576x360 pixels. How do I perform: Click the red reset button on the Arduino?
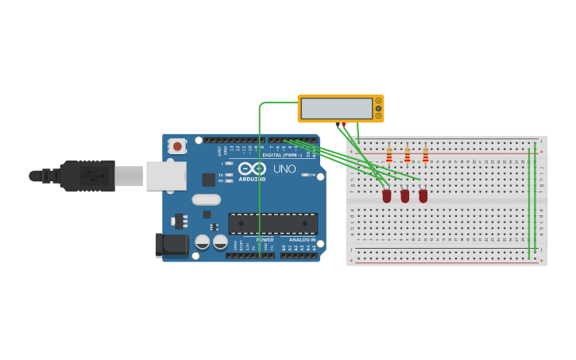(177, 146)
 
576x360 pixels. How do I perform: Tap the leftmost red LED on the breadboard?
(387, 195)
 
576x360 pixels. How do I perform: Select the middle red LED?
(405, 195)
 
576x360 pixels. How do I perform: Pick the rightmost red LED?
(423, 195)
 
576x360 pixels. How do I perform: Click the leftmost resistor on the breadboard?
(389, 154)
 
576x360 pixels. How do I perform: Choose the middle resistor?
(408, 154)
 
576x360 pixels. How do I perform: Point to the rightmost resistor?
(426, 154)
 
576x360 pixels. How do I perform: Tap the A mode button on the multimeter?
(378, 101)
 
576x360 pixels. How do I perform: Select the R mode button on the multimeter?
(378, 115)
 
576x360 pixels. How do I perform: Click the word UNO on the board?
(284, 169)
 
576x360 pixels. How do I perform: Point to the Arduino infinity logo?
(252, 168)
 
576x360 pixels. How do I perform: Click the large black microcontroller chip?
(273, 223)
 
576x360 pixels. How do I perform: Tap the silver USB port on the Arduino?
(166, 176)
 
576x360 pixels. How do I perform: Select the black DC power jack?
(172, 245)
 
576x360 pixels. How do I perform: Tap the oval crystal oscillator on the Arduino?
(206, 199)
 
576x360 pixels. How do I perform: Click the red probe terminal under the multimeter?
(343, 125)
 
